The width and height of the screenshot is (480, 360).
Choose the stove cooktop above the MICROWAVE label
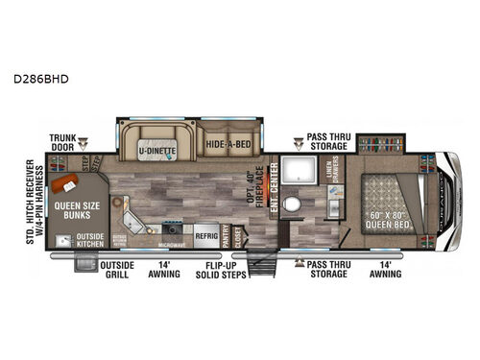(174, 228)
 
